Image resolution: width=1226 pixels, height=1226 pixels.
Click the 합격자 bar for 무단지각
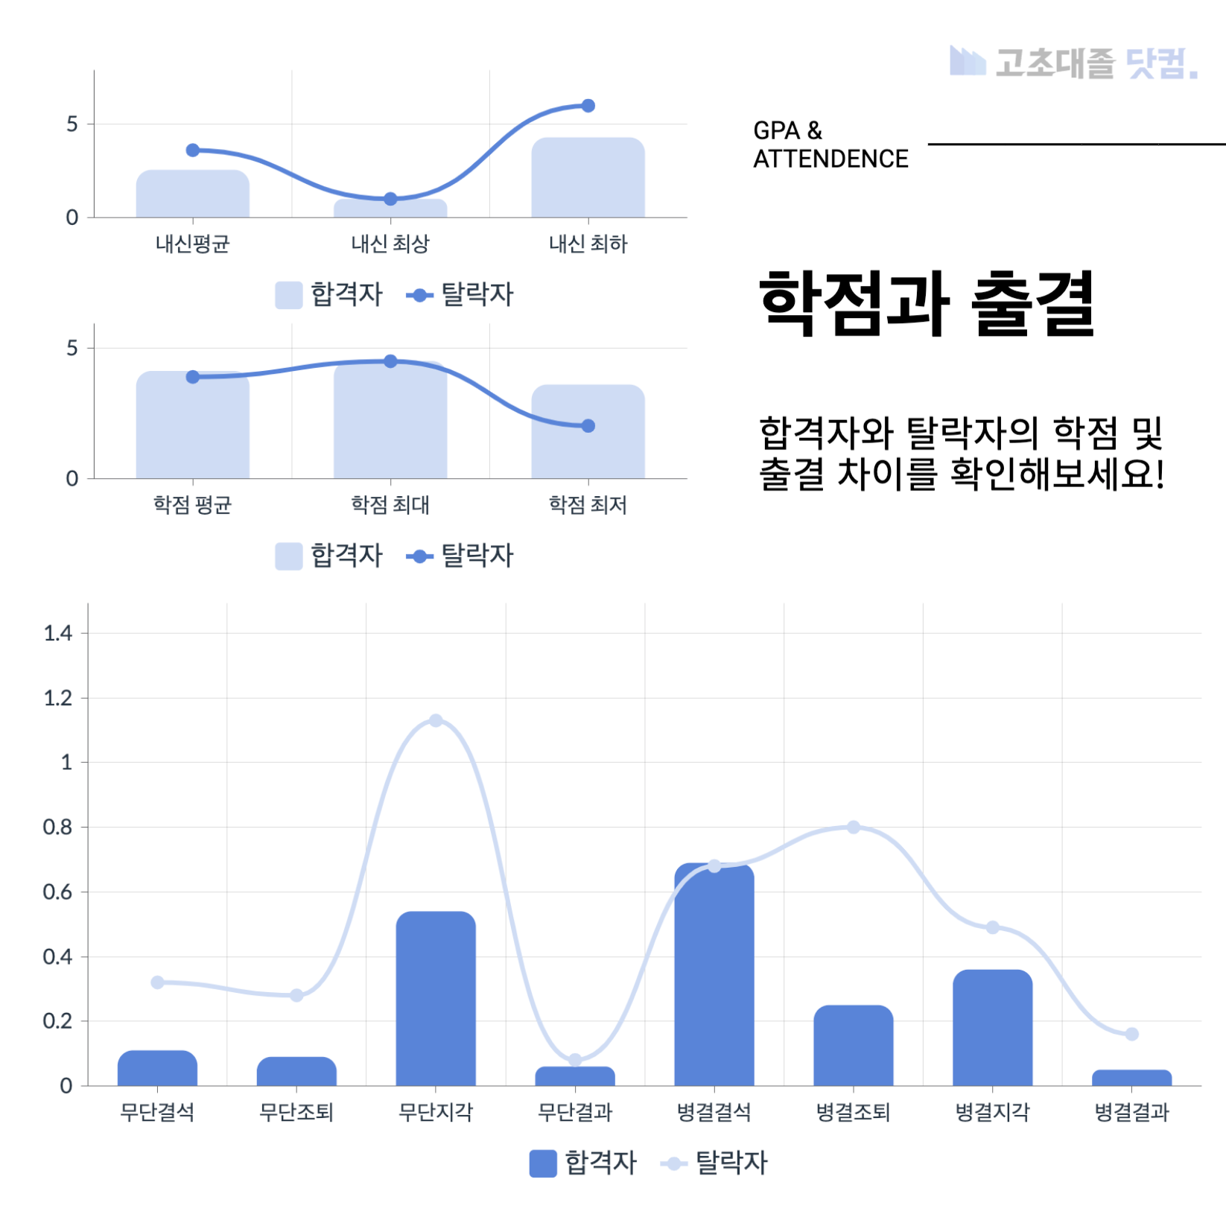pos(436,998)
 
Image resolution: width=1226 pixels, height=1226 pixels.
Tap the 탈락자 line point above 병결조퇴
pos(854,828)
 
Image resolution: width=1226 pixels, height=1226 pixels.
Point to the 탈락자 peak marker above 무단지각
pos(436,720)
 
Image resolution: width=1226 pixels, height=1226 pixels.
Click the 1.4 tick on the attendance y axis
pos(58,633)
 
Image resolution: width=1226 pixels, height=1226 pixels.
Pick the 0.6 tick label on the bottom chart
pos(58,892)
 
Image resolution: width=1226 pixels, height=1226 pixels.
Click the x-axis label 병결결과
pos(1131,1112)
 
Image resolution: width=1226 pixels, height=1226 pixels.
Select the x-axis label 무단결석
pos(157,1112)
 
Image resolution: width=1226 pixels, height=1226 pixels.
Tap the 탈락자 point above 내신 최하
pos(588,106)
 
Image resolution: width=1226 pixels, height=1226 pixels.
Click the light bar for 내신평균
pos(192,194)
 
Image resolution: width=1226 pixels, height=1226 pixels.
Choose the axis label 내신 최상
pos(390,244)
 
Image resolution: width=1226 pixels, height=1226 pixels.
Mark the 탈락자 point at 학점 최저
pos(588,426)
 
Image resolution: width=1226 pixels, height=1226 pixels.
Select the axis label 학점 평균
pos(192,505)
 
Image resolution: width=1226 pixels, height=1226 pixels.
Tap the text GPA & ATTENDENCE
pos(830,144)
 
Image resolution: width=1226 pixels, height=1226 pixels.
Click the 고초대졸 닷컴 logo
pos(1073,63)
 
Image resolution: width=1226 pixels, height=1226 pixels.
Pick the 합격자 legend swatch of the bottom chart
pos(543,1163)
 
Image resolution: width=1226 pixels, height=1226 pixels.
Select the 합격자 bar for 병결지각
pos(992,1028)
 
